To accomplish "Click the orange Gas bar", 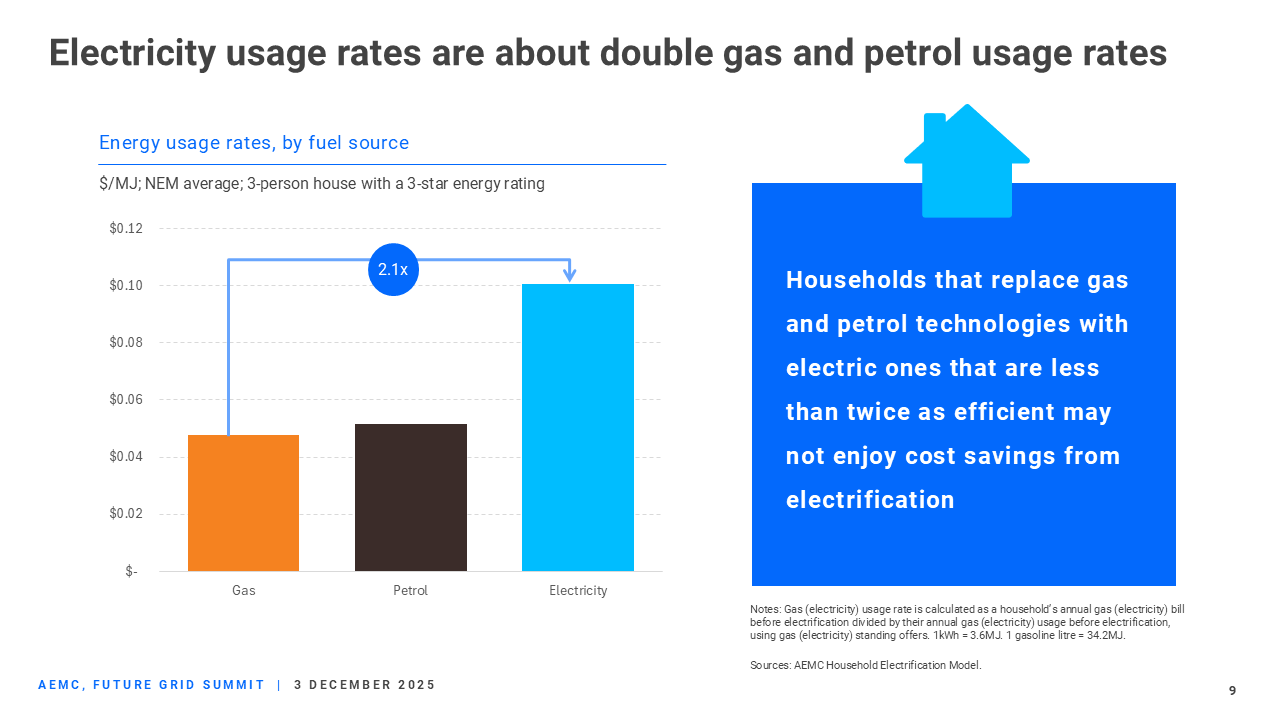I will point(243,503).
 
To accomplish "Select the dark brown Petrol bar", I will point(410,497).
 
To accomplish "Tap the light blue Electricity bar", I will point(578,428).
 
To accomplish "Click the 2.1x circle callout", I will point(393,270).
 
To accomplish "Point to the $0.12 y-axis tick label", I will point(126,229).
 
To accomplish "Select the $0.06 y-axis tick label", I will point(126,400).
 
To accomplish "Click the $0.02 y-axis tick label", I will point(126,514).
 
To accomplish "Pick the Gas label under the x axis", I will point(243,591).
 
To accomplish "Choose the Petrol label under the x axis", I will point(410,591).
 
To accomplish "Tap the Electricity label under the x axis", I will point(578,591).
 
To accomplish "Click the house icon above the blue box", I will point(966,161).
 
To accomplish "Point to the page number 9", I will point(1232,691).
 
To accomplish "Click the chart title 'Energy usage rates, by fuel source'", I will point(254,143).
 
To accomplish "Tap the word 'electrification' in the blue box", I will point(870,500).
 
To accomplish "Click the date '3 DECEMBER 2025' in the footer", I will point(365,685).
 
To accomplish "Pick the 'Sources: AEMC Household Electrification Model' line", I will point(866,665).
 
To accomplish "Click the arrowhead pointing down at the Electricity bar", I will point(569,274).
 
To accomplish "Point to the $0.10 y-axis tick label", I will point(126,286).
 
